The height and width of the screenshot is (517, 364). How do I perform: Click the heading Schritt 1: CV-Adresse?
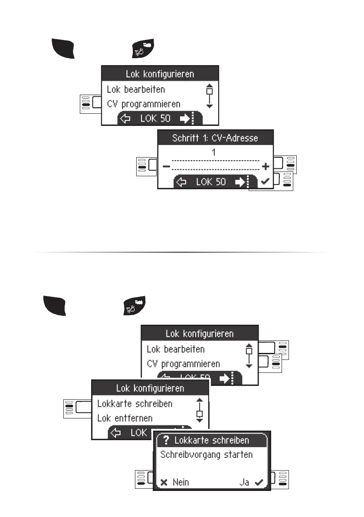[x=215, y=138]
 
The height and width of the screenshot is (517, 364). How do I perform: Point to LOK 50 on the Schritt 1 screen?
[x=211, y=182]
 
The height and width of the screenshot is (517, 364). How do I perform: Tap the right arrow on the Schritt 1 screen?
[x=240, y=182]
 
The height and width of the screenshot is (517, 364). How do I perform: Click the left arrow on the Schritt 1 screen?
[x=182, y=182]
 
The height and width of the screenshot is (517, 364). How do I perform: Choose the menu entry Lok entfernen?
[x=124, y=418]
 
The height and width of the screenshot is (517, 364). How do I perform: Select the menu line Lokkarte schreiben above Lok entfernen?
[x=134, y=403]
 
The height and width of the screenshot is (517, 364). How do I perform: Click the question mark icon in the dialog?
[x=166, y=440]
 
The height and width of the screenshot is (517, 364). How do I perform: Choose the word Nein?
[x=180, y=482]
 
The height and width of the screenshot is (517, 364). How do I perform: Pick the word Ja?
[x=245, y=482]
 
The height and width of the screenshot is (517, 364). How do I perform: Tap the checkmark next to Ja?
[x=259, y=482]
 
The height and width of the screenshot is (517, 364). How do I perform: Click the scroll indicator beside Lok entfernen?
[x=200, y=410]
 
